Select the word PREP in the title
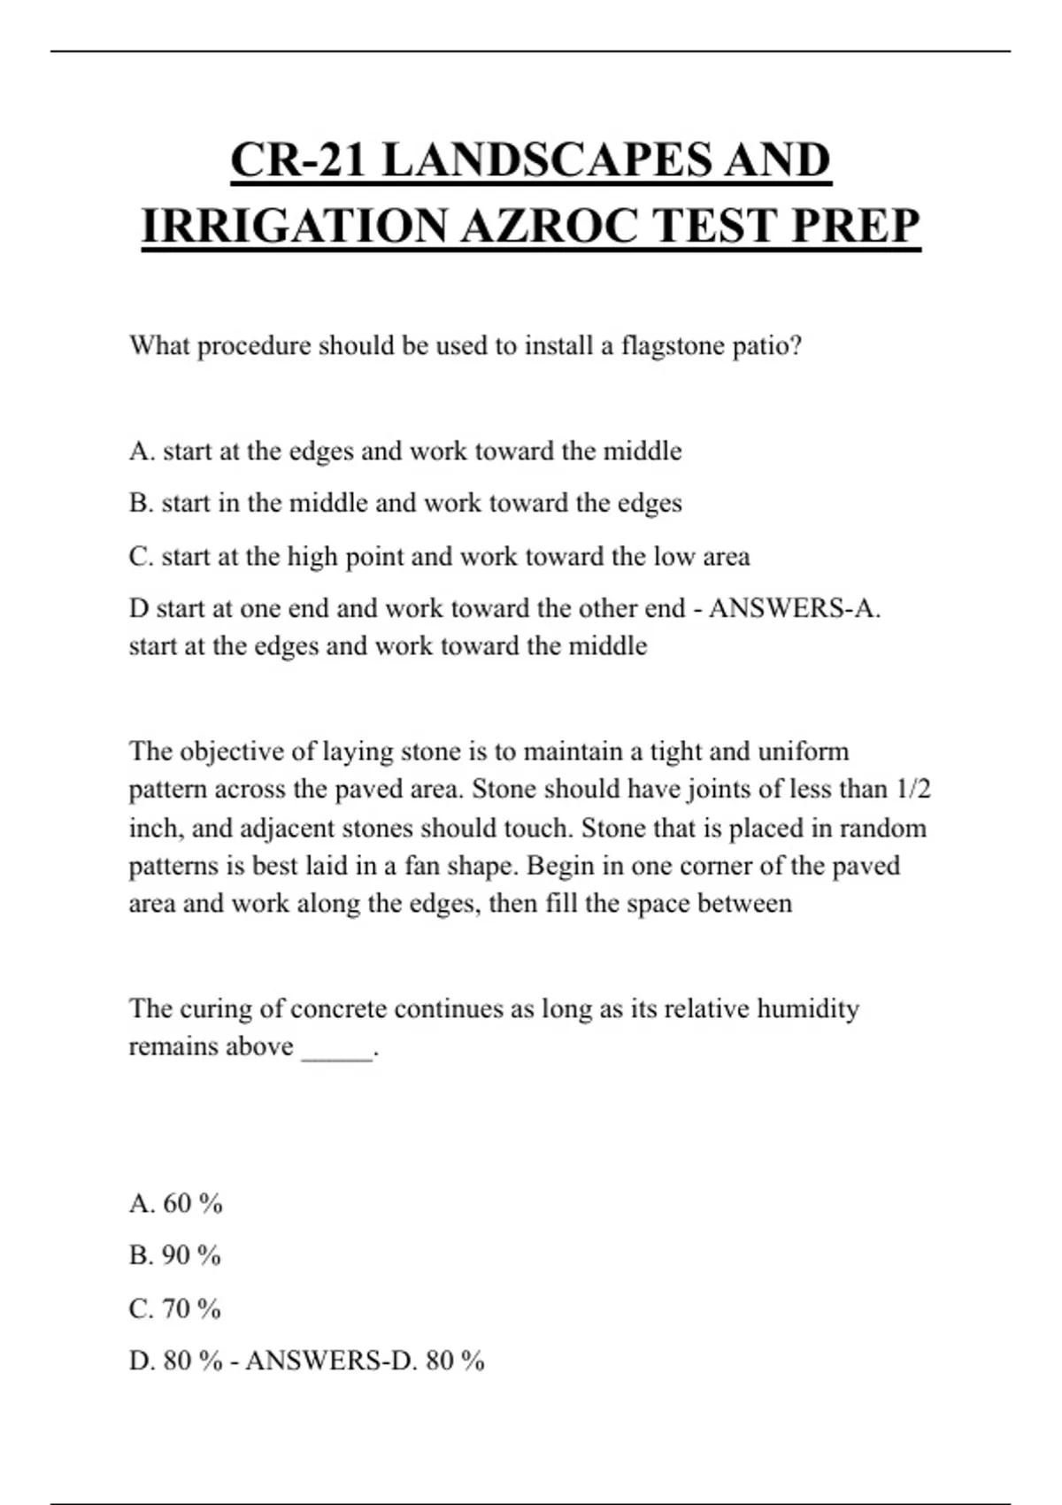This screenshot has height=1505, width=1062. pos(855,227)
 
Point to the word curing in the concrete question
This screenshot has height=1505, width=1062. pos(230,1008)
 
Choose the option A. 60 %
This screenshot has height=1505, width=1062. pos(175,1204)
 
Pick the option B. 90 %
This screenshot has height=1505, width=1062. pos(174,1255)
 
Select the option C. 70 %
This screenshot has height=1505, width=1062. pos(174,1308)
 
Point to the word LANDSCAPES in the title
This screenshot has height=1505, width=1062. pos(549,161)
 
